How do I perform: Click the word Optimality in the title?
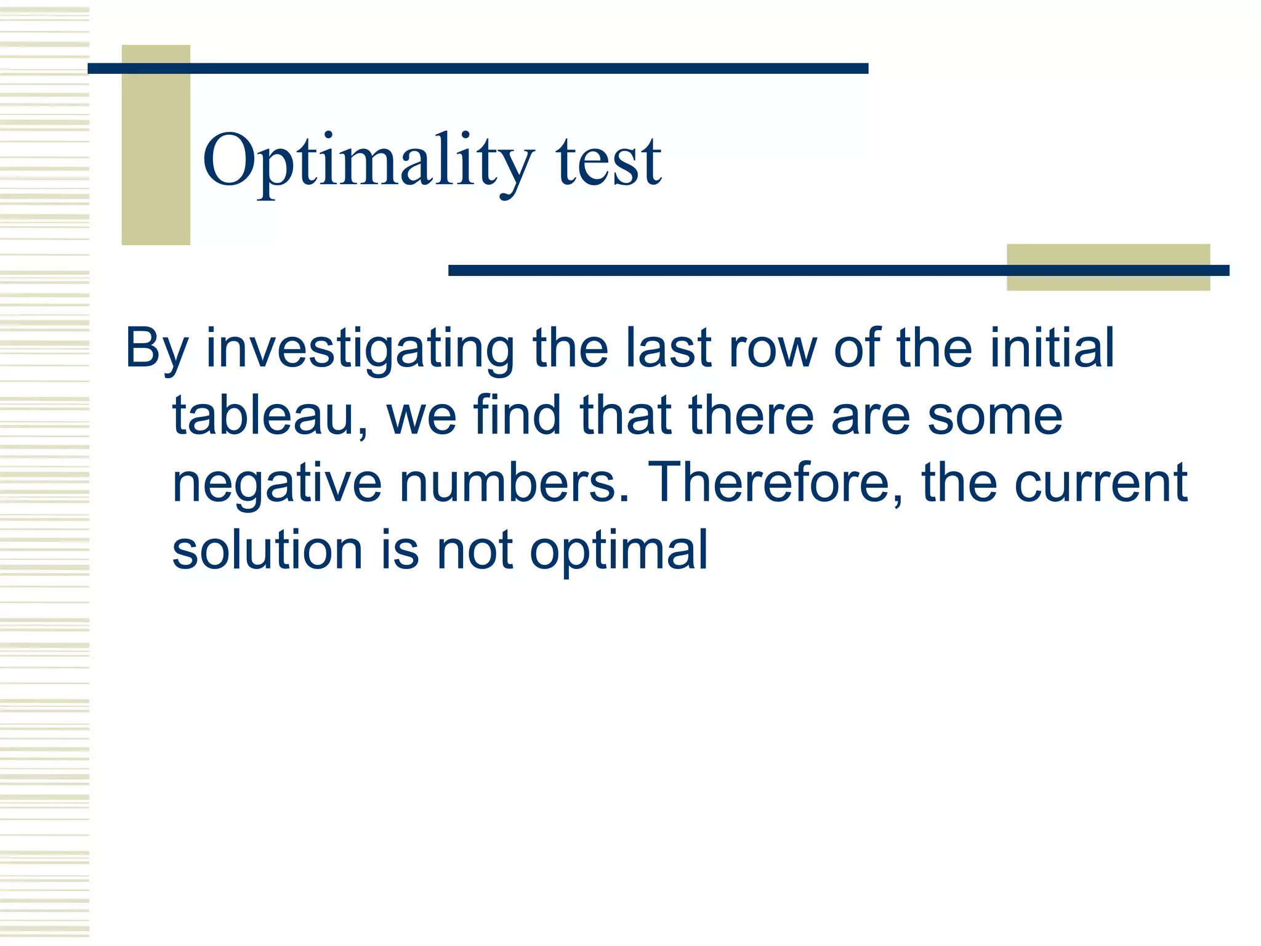click(x=367, y=161)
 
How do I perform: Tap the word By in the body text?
click(x=156, y=349)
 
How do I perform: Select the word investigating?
click(x=360, y=349)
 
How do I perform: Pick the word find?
click(x=517, y=416)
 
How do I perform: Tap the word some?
click(x=995, y=417)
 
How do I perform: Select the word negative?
click(x=277, y=484)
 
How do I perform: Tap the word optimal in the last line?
click(x=619, y=551)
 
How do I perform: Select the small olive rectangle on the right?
click(x=1108, y=281)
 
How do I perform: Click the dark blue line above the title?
click(x=478, y=68)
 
